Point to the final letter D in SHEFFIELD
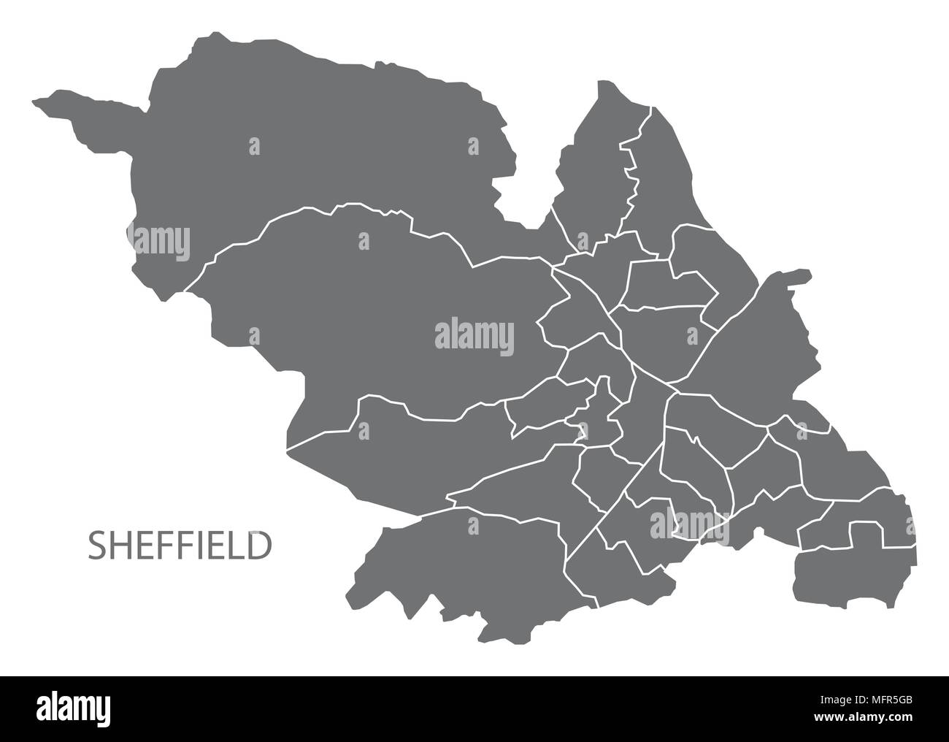(x=257, y=546)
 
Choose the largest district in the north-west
(x=307, y=146)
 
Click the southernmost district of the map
(x=467, y=570)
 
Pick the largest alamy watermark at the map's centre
(x=474, y=335)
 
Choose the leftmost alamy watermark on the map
(x=161, y=240)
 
